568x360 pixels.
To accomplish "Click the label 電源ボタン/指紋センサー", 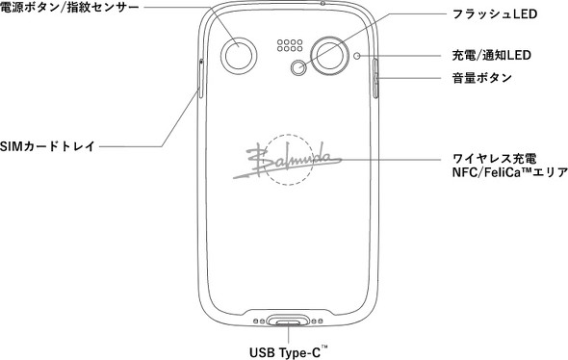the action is pos(69,8).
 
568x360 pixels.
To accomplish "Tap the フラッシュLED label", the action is pos(495,14).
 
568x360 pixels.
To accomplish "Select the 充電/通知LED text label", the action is pos(492,56).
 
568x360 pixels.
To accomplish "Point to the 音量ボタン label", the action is pos(481,78).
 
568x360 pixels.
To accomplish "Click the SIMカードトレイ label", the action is pos(47,146).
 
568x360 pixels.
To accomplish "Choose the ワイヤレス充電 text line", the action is pos(495,159).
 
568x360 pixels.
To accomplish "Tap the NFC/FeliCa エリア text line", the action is pos(509,172).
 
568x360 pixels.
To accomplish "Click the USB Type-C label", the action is pos(289,352).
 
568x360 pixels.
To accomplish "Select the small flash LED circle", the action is pos(298,67).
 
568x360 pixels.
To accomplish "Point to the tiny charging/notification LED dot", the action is pos(357,56).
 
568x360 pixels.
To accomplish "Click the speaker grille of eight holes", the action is pos(290,45).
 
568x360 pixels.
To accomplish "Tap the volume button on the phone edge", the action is pos(375,78).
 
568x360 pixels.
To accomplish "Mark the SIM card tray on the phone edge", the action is pos(201,78).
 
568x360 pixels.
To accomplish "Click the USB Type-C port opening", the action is pos(289,321).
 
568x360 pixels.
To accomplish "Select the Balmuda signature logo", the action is pos(287,161).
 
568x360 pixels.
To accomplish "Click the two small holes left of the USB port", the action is pos(259,321).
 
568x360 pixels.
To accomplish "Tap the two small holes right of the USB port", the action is pos(318,321).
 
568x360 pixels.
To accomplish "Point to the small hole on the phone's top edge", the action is pos(323,3).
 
